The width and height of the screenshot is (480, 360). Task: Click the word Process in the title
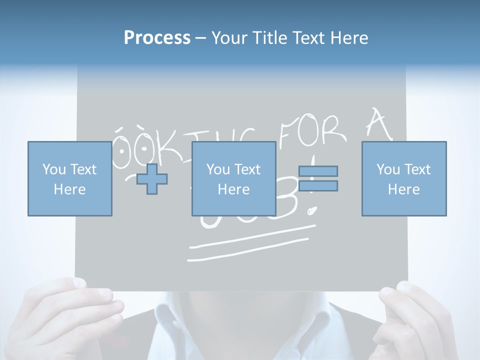tap(157, 38)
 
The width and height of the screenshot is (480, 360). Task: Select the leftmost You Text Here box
tap(69, 178)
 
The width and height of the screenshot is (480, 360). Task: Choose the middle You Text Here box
tap(233, 178)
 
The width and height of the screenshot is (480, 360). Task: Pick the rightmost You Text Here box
tap(403, 178)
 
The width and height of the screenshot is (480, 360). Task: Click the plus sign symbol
tap(152, 179)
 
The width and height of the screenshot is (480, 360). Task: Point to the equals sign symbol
tap(318, 178)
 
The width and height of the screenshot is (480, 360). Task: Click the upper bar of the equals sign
tap(318, 171)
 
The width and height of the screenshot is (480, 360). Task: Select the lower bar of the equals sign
tap(318, 186)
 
